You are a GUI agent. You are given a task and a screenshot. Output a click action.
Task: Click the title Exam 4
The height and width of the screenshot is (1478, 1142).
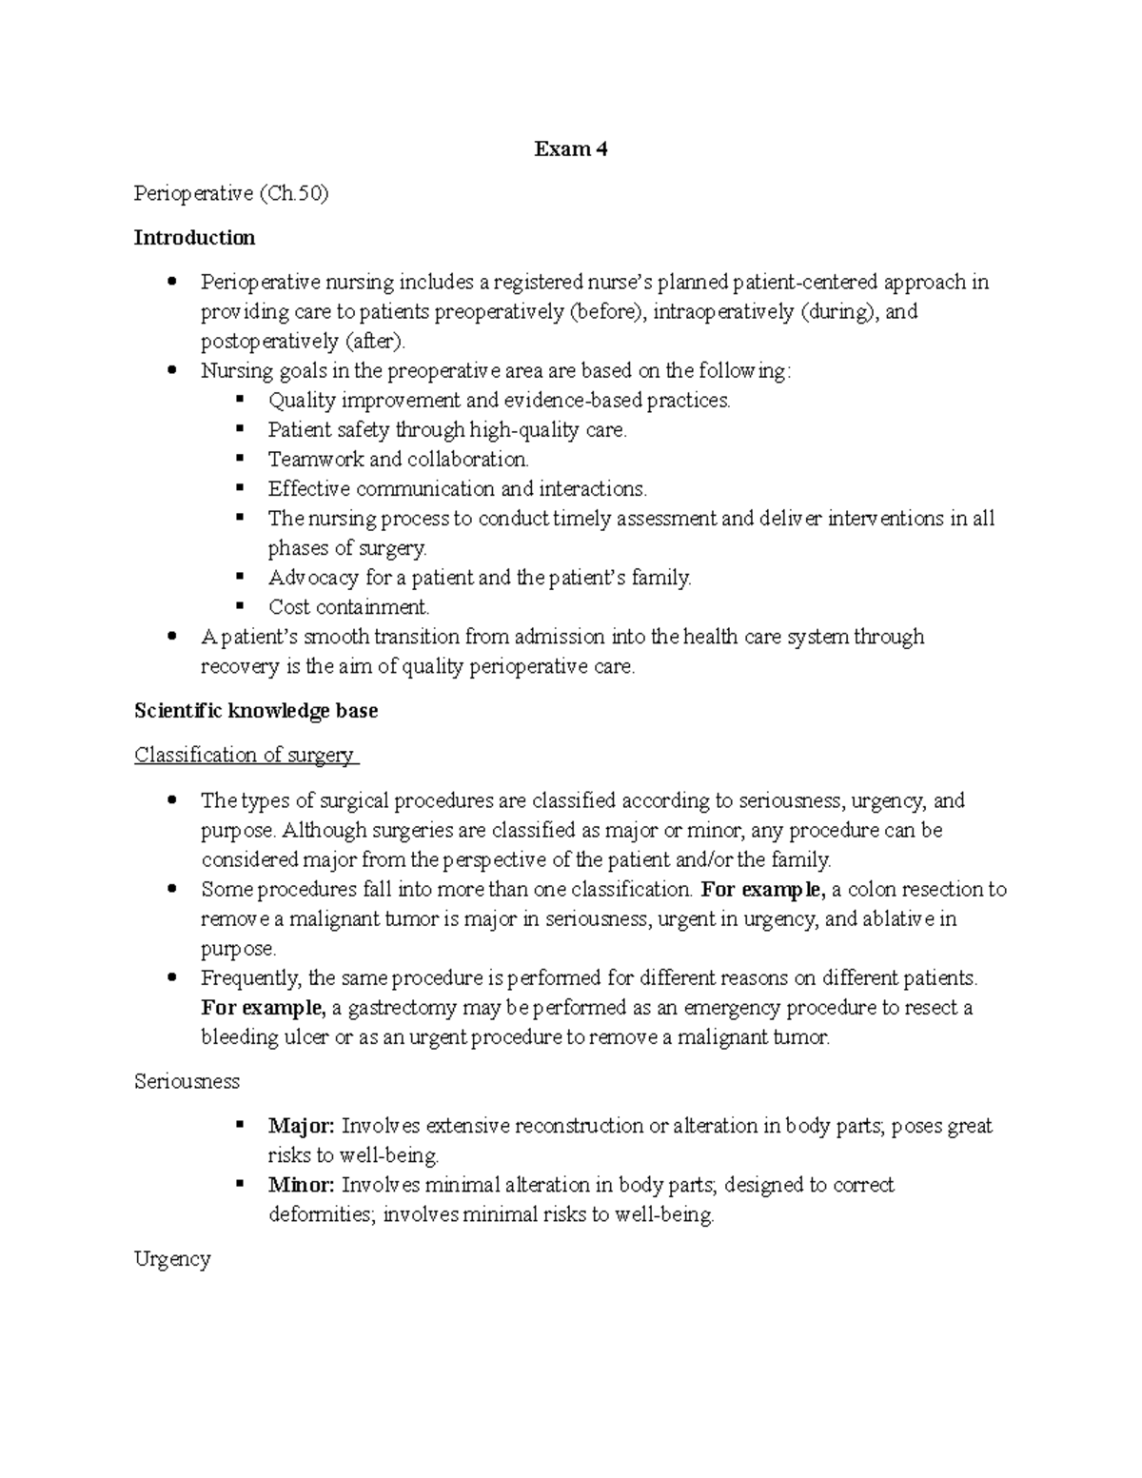[x=570, y=149]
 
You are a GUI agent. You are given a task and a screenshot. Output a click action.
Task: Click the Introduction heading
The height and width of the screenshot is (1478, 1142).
[x=194, y=237]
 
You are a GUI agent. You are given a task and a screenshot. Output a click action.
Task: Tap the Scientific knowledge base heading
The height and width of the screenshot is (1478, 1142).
[x=256, y=711]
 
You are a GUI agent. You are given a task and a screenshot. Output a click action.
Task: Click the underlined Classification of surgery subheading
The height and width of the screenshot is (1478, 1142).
[x=245, y=755]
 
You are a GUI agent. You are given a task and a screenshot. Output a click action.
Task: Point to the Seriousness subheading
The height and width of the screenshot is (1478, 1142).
[x=187, y=1081]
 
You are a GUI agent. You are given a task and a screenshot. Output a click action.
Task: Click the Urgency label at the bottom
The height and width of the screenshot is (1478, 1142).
[x=172, y=1259]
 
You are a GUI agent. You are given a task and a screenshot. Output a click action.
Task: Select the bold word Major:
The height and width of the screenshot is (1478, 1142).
[x=301, y=1126]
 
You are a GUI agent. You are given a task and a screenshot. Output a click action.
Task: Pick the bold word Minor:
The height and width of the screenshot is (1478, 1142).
[x=301, y=1185]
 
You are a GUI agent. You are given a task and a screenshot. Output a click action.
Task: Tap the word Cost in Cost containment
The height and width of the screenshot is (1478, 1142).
[x=289, y=607]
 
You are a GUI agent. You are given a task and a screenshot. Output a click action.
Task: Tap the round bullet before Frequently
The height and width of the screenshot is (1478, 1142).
[x=171, y=977]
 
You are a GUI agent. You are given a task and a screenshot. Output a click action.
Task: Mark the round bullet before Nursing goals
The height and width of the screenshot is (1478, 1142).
[x=171, y=370]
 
